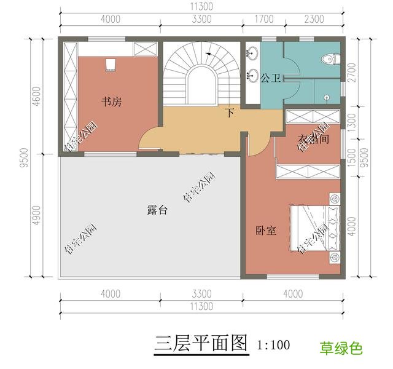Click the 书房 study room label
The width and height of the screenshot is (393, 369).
[x=112, y=102]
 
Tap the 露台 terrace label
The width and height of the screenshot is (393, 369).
[x=158, y=210]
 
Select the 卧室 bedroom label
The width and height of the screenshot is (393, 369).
[x=265, y=231]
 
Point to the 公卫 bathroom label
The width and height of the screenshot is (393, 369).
[x=270, y=78]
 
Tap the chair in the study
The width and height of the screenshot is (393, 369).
[x=111, y=64]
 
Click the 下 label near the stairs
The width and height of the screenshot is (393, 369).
[x=230, y=113]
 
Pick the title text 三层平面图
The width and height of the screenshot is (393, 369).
[x=201, y=343]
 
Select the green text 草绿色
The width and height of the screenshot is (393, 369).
[x=341, y=349]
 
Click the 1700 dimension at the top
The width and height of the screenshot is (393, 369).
[x=263, y=19]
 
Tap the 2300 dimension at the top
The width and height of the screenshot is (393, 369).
[x=314, y=19]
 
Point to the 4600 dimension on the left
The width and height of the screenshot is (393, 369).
[x=37, y=97]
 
